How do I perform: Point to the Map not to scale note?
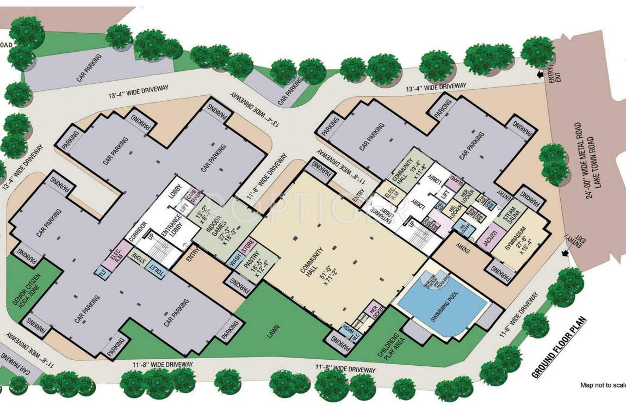[603, 385]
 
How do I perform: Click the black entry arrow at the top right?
[541, 75]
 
